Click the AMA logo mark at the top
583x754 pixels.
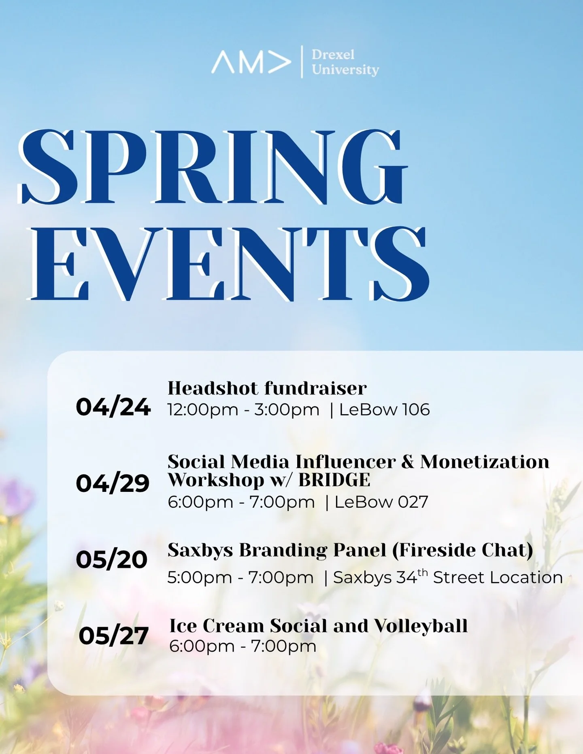click(251, 62)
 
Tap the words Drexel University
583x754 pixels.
click(345, 62)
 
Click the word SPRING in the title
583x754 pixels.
click(213, 167)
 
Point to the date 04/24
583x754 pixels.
click(113, 407)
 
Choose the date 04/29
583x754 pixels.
click(113, 483)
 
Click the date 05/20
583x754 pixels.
click(112, 559)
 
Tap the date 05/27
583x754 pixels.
click(113, 635)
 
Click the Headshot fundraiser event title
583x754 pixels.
click(267, 388)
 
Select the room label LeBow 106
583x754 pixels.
click(384, 410)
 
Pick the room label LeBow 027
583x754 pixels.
click(381, 502)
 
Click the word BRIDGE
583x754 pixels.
click(334, 480)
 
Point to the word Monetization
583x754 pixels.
click(485, 462)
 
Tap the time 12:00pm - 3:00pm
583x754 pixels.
click(243, 410)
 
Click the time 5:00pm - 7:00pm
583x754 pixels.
click(240, 578)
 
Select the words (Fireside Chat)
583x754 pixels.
click(462, 550)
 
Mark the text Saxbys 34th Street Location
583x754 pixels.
click(448, 577)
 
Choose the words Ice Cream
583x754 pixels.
click(217, 626)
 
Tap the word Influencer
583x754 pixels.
click(345, 462)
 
